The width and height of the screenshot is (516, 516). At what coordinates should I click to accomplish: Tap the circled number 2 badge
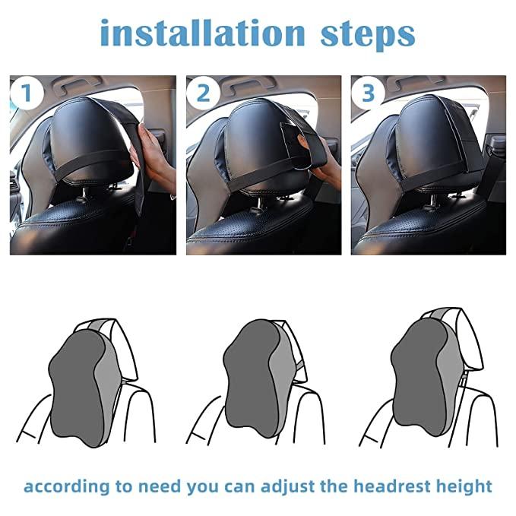tap(203, 93)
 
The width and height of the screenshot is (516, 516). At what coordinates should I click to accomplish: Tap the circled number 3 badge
tap(369, 93)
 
